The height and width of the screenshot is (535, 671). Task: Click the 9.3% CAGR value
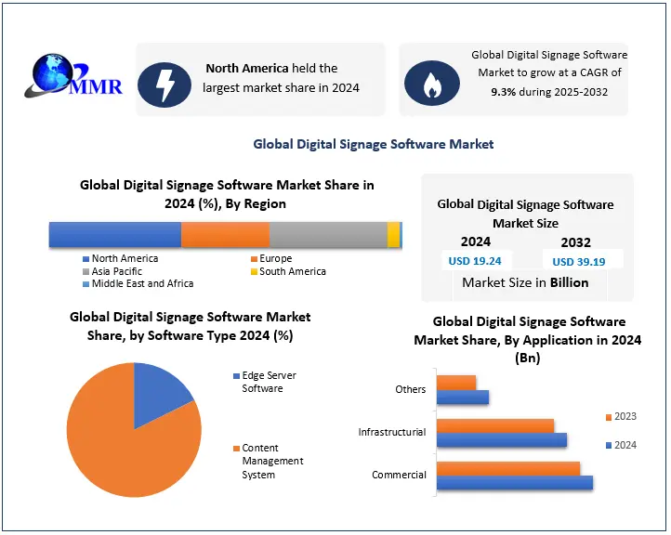[506, 92]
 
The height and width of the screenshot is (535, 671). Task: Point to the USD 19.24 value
[475, 261]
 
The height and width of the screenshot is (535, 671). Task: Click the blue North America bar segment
[114, 234]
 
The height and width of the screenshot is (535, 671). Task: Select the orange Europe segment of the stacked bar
[225, 234]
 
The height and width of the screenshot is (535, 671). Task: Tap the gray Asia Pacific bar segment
[328, 234]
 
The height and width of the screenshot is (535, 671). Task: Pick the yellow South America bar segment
[393, 234]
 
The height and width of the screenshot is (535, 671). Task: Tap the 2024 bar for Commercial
[514, 482]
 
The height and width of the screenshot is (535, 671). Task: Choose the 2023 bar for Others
[456, 382]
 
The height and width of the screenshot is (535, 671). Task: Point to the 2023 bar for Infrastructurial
[495, 425]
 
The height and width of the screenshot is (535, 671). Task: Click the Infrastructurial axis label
[391, 432]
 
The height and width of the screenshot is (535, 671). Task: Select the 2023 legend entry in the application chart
[620, 416]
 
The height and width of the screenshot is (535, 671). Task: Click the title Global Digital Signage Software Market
[374, 144]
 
